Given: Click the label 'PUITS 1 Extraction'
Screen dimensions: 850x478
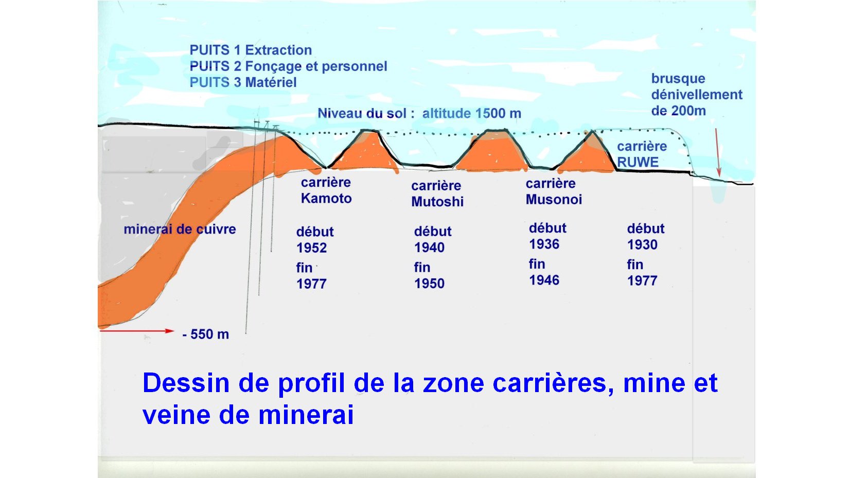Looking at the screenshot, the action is click(x=251, y=50).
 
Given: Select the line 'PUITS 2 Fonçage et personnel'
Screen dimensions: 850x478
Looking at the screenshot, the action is click(x=288, y=66).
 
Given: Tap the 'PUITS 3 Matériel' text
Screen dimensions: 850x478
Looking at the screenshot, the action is click(x=243, y=82).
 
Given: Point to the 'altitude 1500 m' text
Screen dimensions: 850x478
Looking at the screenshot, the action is click(x=472, y=113).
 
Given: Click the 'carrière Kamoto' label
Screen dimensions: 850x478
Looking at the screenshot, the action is click(x=326, y=190).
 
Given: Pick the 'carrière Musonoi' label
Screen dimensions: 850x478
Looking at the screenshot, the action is click(x=554, y=191).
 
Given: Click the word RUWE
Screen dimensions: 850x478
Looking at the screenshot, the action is click(x=638, y=162).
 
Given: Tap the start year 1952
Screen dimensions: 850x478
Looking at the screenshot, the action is click(x=311, y=247).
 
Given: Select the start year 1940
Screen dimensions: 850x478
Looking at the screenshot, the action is click(x=429, y=247).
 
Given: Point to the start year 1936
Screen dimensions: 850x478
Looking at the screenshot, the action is click(x=544, y=244).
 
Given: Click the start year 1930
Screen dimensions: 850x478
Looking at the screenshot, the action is click(x=642, y=245).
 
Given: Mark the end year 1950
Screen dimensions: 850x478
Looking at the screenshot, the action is click(x=429, y=284).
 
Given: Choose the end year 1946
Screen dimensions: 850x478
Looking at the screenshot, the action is click(x=544, y=280).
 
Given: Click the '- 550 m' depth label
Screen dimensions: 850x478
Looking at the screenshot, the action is click(x=206, y=334).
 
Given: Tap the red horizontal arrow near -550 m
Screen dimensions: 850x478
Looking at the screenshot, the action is click(x=137, y=331).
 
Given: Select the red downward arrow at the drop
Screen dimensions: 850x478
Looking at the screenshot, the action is click(x=718, y=152).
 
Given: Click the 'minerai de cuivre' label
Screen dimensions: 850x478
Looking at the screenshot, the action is click(x=180, y=229).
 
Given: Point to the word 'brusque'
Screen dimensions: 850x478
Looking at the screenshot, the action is click(x=679, y=79).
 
